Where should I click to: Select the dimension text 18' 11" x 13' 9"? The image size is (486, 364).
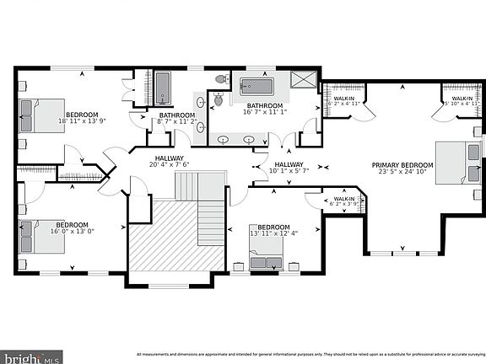[83, 121]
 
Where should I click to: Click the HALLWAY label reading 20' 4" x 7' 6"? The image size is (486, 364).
[169, 165]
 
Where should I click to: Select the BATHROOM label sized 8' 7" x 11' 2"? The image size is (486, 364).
[177, 121]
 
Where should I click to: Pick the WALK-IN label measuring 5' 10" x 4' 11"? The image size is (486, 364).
[461, 103]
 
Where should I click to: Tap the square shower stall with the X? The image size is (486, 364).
[300, 80]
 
